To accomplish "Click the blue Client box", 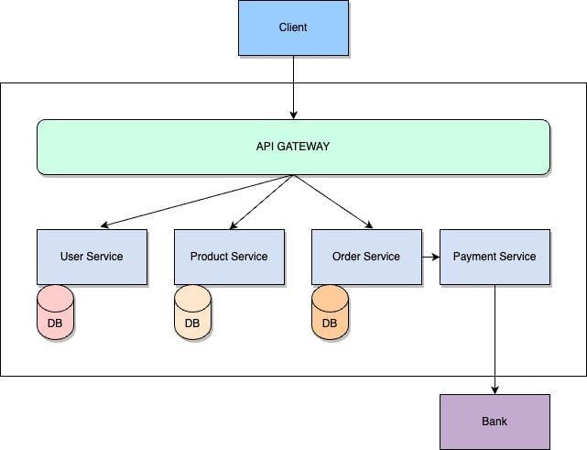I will [x=293, y=27].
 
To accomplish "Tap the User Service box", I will [x=92, y=257].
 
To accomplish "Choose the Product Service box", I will [x=229, y=257].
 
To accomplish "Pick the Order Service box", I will [x=366, y=257].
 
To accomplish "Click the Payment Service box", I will [x=495, y=257].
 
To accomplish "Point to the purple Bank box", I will [x=495, y=422].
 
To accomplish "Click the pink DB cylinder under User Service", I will [x=55, y=313].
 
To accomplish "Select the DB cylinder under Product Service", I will [x=192, y=313].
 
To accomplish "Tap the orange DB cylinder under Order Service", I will [x=330, y=313].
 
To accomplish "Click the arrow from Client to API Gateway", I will [x=293, y=87].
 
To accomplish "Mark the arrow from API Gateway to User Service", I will [x=197, y=201].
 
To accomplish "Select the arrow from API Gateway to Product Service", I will [x=261, y=202].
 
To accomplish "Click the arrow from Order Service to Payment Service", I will [x=430, y=257].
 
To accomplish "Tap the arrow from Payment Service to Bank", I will [x=495, y=339].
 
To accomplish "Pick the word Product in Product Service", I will [x=209, y=257].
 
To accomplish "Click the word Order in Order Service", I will [x=347, y=257].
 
